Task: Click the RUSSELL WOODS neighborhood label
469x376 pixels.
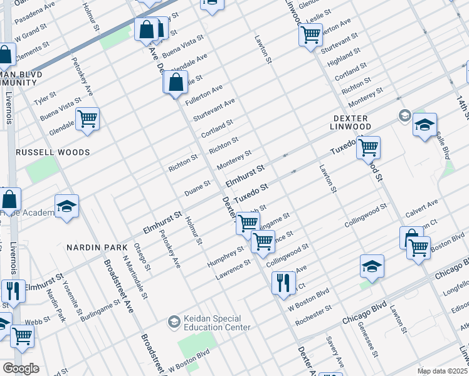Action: pos(53,152)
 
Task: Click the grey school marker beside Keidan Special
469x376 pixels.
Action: pos(174,322)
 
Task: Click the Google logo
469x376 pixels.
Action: pos(21,368)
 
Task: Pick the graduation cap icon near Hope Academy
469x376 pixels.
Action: pos(66,206)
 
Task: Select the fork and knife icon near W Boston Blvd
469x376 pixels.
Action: pos(283,282)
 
